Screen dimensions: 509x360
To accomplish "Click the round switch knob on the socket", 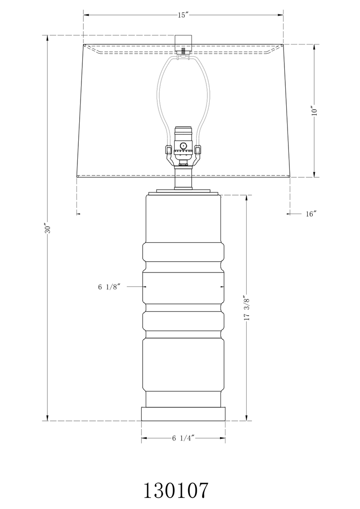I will click(x=183, y=146).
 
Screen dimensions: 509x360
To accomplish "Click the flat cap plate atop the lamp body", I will click(x=183, y=192).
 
